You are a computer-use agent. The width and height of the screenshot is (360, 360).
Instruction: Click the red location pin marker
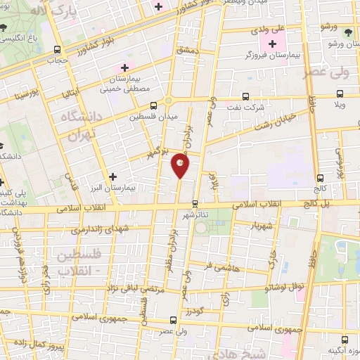180,165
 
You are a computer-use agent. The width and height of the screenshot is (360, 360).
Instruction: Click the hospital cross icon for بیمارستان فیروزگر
272,44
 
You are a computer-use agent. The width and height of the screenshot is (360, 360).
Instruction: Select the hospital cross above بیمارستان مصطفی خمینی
125,67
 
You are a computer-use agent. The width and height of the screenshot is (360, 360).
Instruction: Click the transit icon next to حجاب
56,49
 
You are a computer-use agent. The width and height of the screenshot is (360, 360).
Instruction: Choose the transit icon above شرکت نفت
245,97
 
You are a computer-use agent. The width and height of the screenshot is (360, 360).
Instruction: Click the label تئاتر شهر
195,214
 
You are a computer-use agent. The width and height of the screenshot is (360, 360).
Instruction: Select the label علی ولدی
268,30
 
